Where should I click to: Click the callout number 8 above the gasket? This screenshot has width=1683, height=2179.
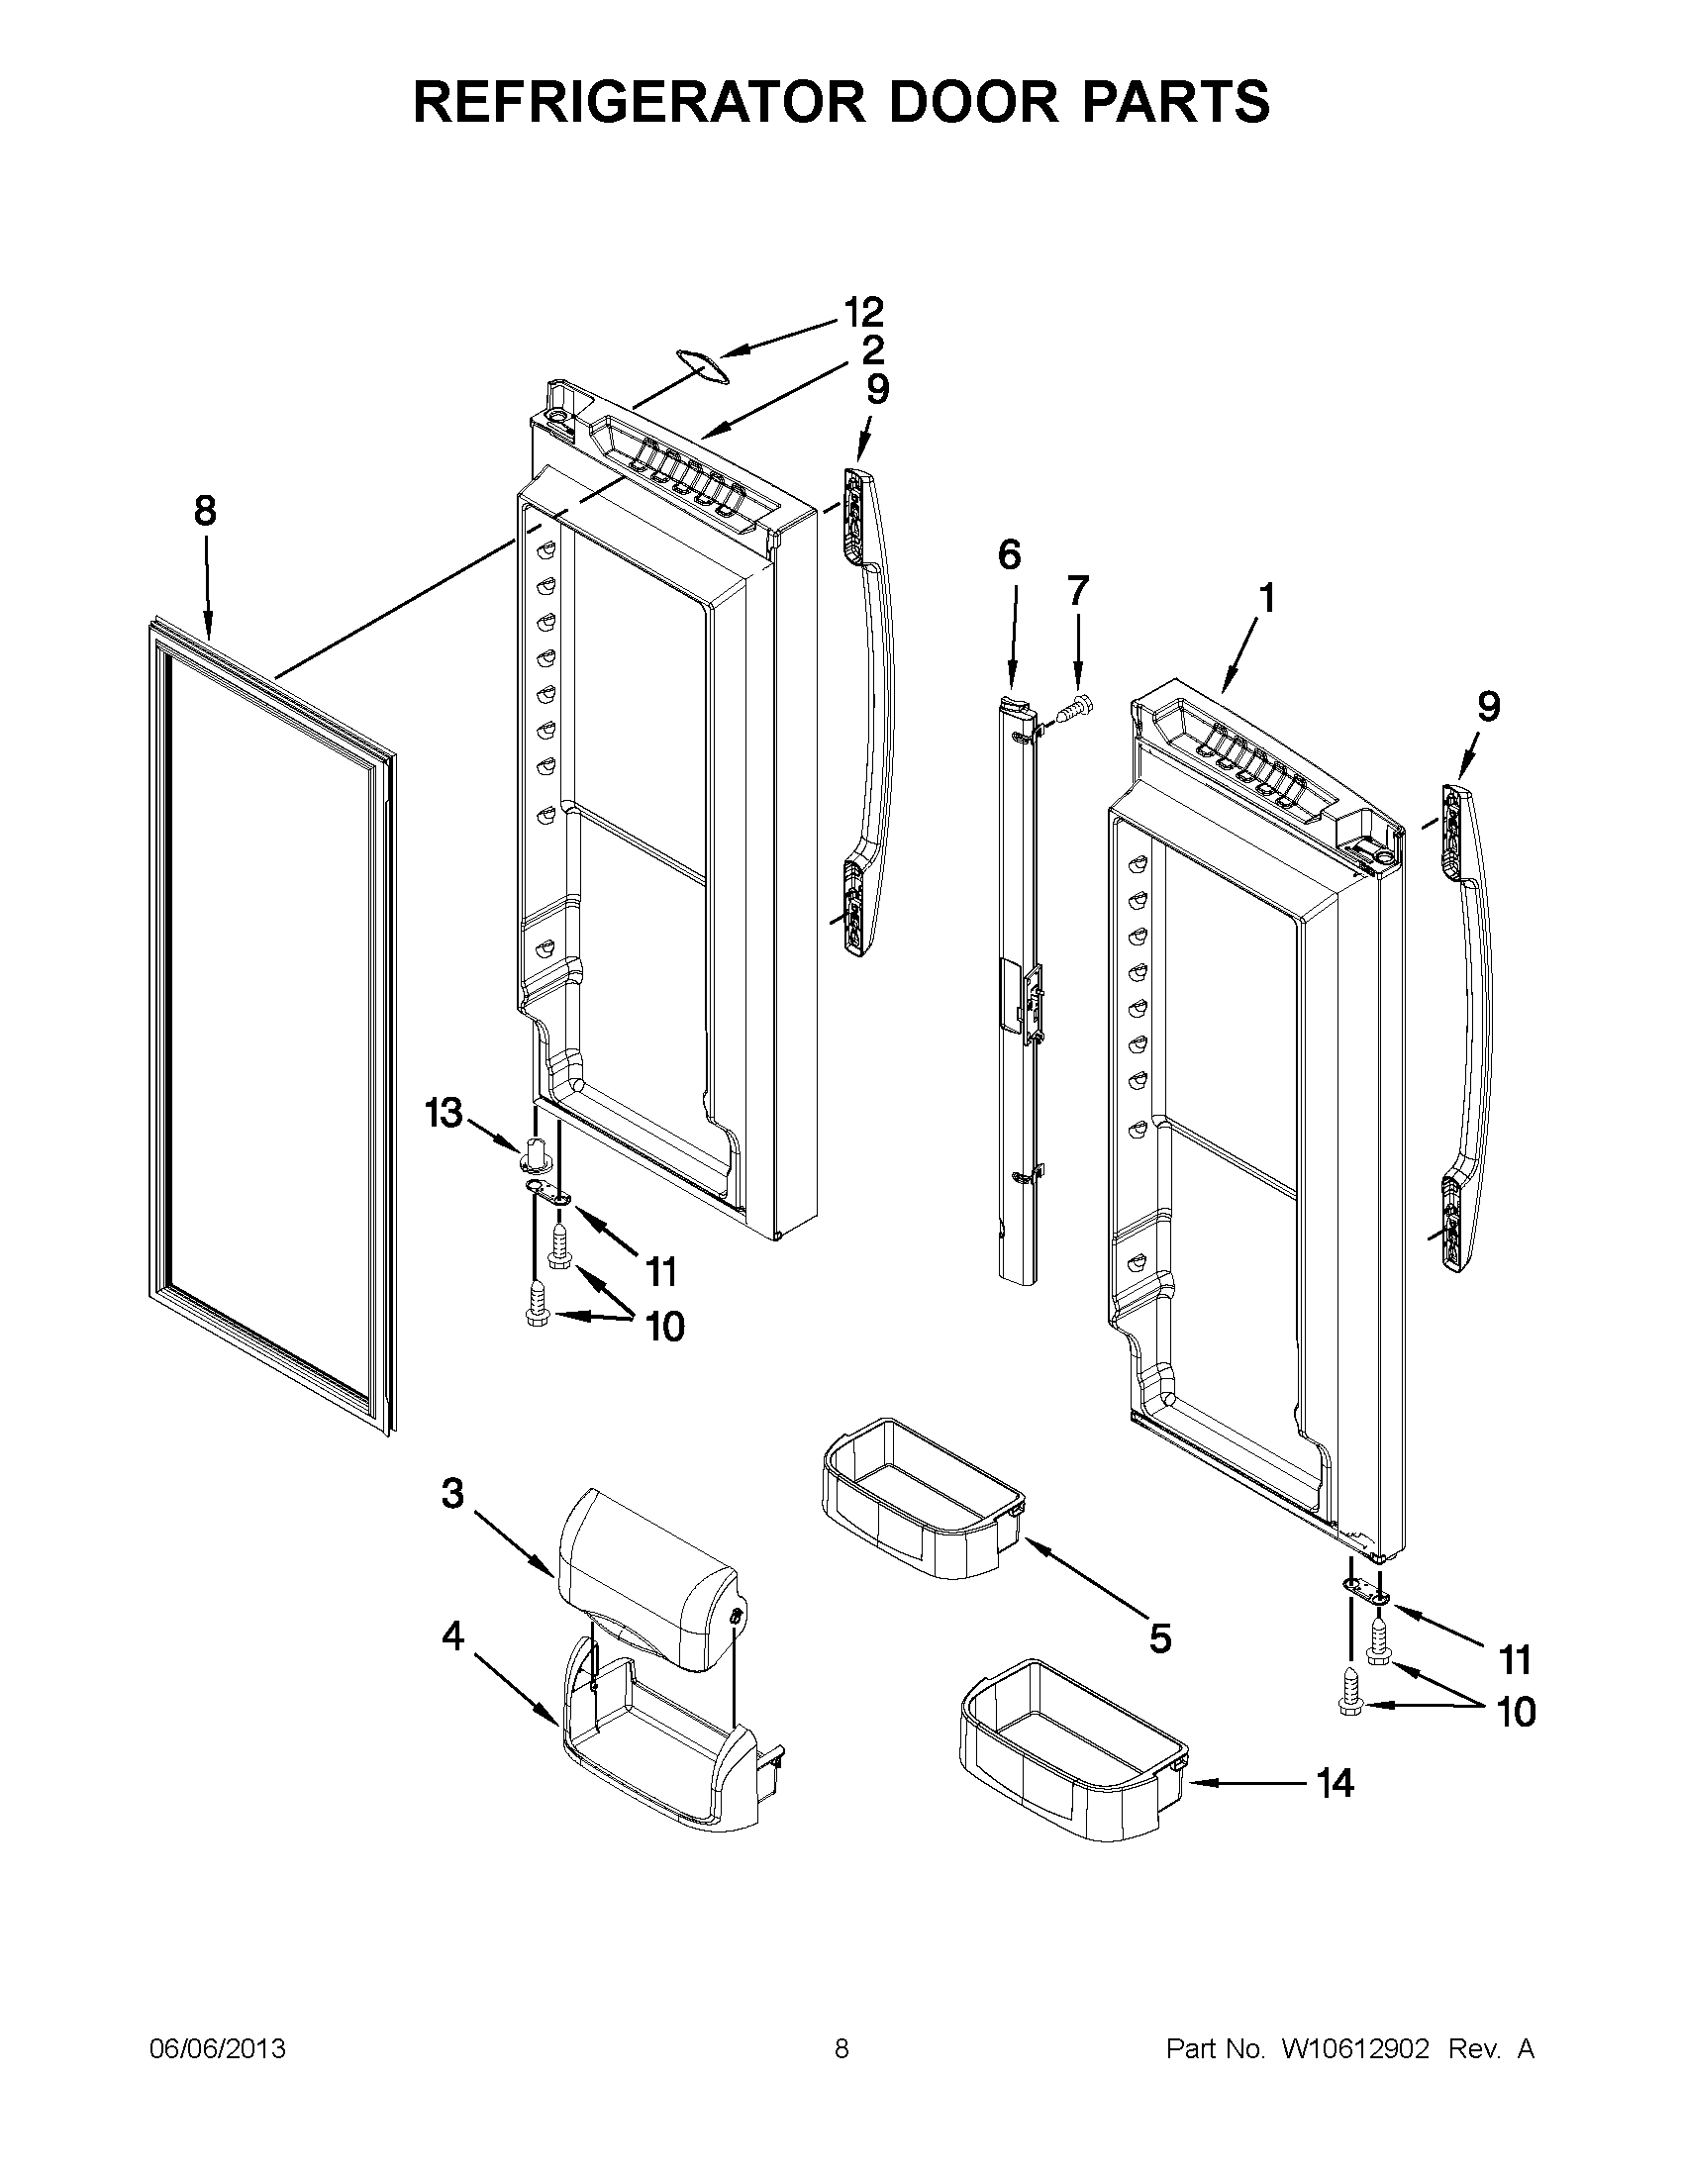pyautogui.click(x=204, y=512)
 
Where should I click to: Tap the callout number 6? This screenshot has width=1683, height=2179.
pyautogui.click(x=1010, y=554)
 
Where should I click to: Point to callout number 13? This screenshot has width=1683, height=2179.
pyautogui.click(x=444, y=1112)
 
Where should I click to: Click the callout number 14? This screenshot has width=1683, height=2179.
pyautogui.click(x=1335, y=1783)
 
